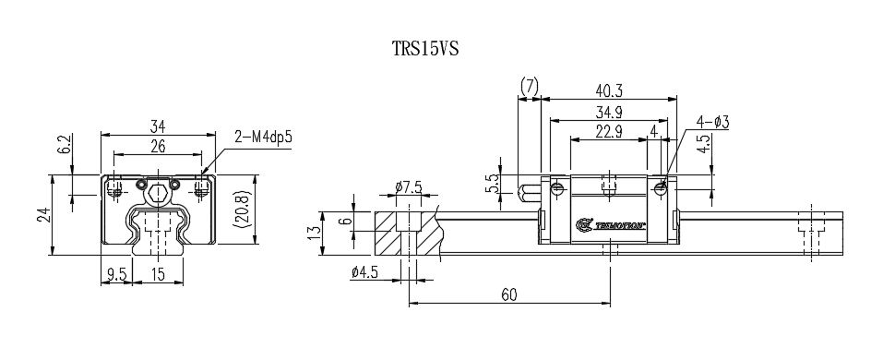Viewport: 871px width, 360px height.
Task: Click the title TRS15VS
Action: tap(425, 49)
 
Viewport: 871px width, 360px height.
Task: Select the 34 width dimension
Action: tap(157, 126)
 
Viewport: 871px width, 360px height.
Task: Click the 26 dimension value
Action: tap(157, 146)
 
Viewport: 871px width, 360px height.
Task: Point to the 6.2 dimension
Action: tap(64, 145)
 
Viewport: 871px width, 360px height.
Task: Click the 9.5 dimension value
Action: tap(116, 274)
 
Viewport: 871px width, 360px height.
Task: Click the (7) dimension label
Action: tap(529, 86)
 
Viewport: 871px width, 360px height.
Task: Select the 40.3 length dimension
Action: tap(609, 90)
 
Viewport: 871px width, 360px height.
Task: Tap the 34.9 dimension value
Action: tap(609, 112)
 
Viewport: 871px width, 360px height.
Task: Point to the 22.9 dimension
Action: tap(609, 132)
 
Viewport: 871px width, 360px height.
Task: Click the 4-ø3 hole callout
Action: tap(713, 122)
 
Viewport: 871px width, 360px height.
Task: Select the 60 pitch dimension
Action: tap(508, 294)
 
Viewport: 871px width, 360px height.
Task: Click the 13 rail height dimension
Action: tap(315, 228)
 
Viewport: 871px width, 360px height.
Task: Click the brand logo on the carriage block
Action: tap(610, 224)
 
